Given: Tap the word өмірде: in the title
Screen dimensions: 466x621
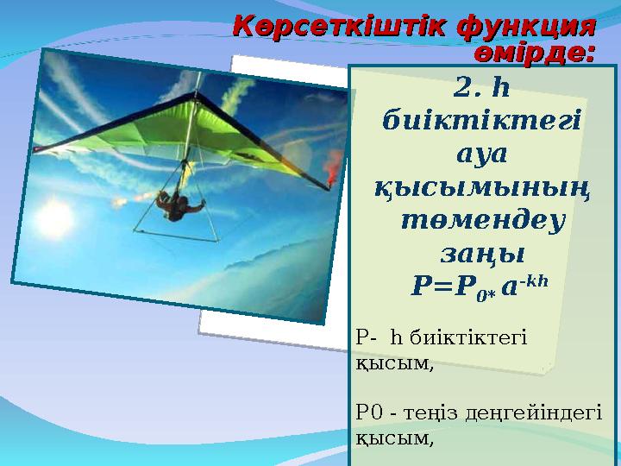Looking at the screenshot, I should (x=536, y=53).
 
